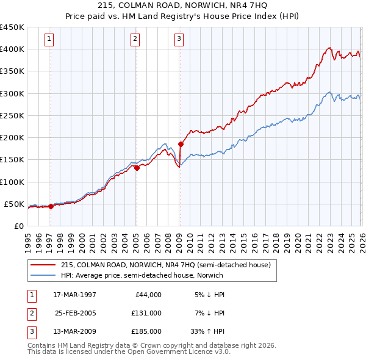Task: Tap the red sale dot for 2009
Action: (181, 144)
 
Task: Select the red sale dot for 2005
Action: (137, 168)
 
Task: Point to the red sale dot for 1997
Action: (51, 206)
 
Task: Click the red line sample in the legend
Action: (44, 265)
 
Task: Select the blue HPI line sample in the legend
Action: (44, 275)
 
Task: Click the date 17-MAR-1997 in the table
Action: (75, 295)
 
